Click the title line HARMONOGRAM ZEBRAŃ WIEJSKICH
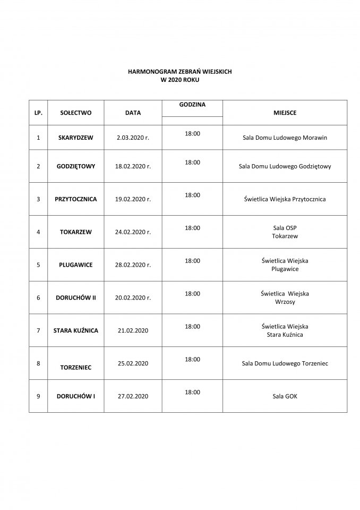tap(181, 71)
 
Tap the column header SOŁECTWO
tap(76, 113)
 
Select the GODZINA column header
tap(192, 105)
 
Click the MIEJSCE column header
tap(285, 113)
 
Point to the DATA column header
tap(133, 113)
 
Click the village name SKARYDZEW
tap(76, 138)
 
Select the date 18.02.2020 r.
tap(133, 166)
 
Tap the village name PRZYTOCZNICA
tap(76, 199)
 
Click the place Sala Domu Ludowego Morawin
tap(285, 138)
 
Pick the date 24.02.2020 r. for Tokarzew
tap(133, 232)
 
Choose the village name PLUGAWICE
tap(76, 265)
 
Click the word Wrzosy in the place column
tap(285, 302)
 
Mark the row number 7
tap(38, 330)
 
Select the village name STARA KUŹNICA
tap(76, 330)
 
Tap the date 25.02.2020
tap(133, 363)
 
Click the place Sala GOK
tap(285, 396)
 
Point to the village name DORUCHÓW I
tap(76, 396)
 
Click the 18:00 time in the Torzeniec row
tap(192, 359)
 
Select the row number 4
tap(38, 232)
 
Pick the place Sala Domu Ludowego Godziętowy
tap(285, 166)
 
